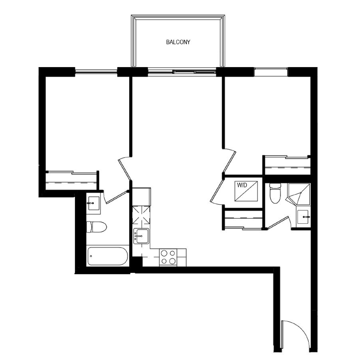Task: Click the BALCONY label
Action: pos(178,42)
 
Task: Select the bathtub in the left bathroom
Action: pos(108,256)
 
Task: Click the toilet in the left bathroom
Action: pos(96,227)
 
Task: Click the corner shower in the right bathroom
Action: pos(299,194)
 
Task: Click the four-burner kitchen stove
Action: pos(168,257)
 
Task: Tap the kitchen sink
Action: pos(140,236)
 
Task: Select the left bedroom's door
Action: pos(125,167)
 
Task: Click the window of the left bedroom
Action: pos(96,72)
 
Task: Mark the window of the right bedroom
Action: pos(271,72)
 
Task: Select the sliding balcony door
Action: pos(182,72)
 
